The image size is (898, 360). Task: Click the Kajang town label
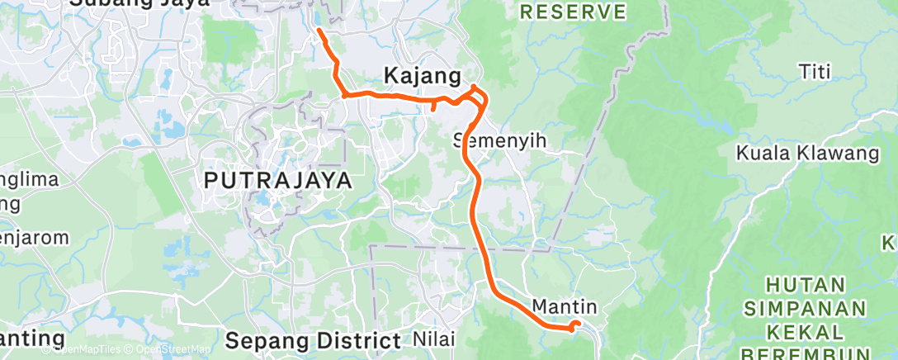pos(422,76)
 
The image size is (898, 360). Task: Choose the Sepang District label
pos(313,339)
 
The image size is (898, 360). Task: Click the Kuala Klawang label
pos(808,153)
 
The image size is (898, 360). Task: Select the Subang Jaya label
pos(139,2)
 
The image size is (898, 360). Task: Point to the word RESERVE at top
pos(574,12)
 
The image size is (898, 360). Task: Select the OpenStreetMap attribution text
pos(173,349)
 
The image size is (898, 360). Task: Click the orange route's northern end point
pos(319,31)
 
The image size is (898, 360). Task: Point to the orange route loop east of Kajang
pos(478,97)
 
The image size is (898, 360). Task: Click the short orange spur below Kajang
pos(434,107)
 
